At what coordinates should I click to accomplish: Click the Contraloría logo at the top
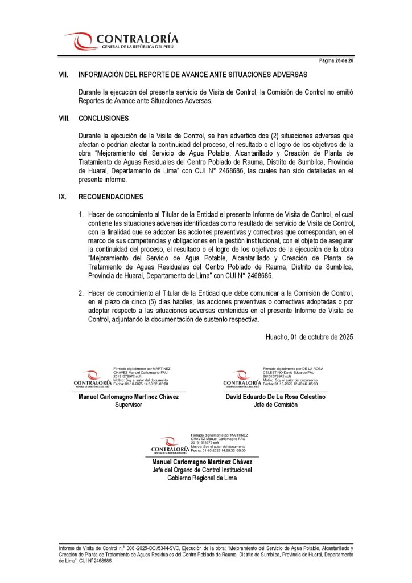click(121, 41)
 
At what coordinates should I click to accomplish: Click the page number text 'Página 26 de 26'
click(335, 60)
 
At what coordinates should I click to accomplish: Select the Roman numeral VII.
click(64, 75)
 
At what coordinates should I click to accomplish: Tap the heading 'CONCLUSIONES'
click(104, 119)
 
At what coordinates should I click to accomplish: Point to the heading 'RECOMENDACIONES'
click(111, 197)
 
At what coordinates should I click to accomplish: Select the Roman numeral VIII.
click(64, 119)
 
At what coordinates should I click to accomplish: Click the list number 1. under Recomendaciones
click(81, 213)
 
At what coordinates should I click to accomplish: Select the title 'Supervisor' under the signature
click(129, 405)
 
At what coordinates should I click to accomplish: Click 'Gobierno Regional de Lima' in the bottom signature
click(203, 478)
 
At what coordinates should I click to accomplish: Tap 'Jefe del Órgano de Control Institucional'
click(203, 470)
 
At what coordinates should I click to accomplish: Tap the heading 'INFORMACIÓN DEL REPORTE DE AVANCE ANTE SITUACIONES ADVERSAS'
click(193, 75)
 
